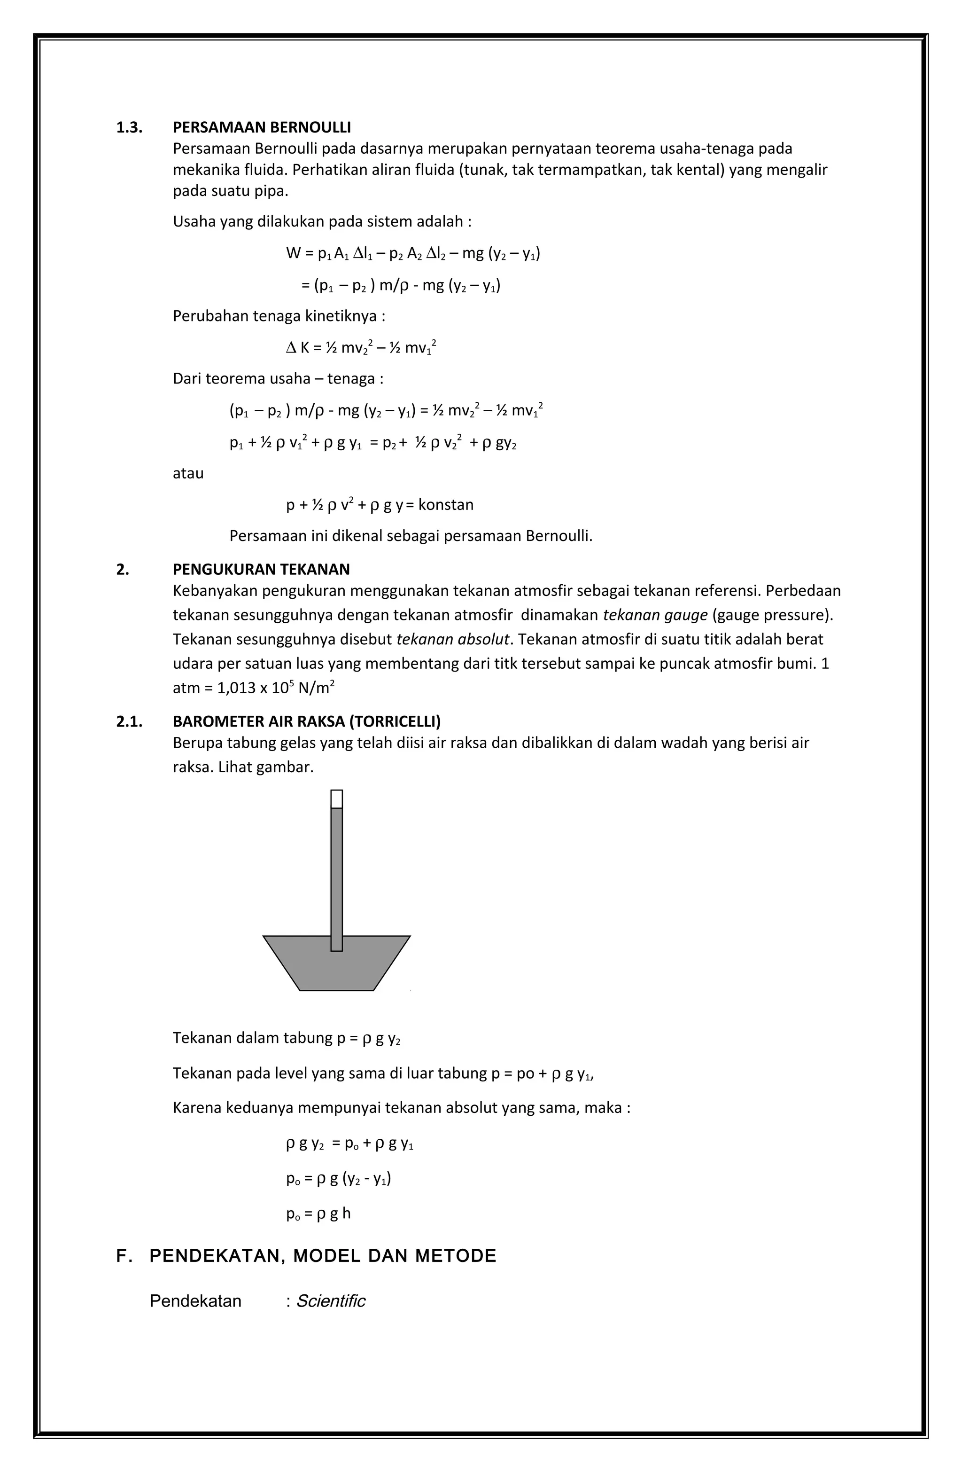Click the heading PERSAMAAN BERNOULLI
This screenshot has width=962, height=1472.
point(262,127)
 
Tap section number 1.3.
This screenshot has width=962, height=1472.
point(129,127)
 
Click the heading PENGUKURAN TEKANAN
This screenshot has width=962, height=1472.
point(261,569)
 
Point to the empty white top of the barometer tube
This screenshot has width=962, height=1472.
point(336,799)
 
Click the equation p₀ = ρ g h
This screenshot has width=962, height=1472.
point(318,1214)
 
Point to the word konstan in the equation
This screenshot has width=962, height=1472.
point(446,505)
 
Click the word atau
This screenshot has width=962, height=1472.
point(188,474)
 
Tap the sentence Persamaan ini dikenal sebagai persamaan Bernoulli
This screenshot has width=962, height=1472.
point(411,536)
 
